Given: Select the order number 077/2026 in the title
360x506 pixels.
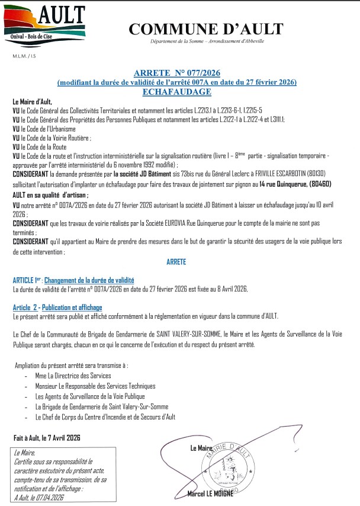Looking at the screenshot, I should (x=201, y=72).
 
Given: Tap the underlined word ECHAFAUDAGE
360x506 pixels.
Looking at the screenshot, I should (x=177, y=92).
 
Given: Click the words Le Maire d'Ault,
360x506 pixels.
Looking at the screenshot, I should (x=32, y=102).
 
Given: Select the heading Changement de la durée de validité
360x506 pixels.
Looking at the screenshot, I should (x=89, y=280).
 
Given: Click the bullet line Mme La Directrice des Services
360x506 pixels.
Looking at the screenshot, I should (x=73, y=376).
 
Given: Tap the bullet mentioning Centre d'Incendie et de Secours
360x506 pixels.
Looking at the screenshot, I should (x=105, y=417).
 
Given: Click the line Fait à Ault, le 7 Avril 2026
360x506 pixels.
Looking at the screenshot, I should (x=47, y=438).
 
